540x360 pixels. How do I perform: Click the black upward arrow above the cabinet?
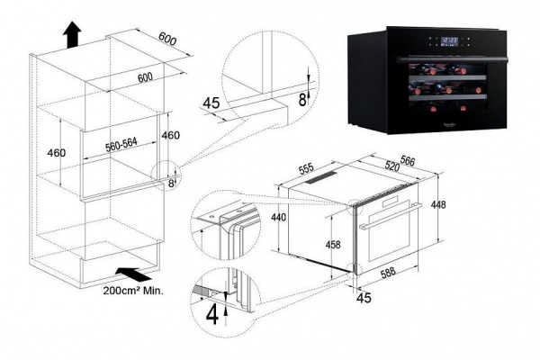coord(71,35)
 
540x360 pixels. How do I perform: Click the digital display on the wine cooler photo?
coord(453,40)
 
